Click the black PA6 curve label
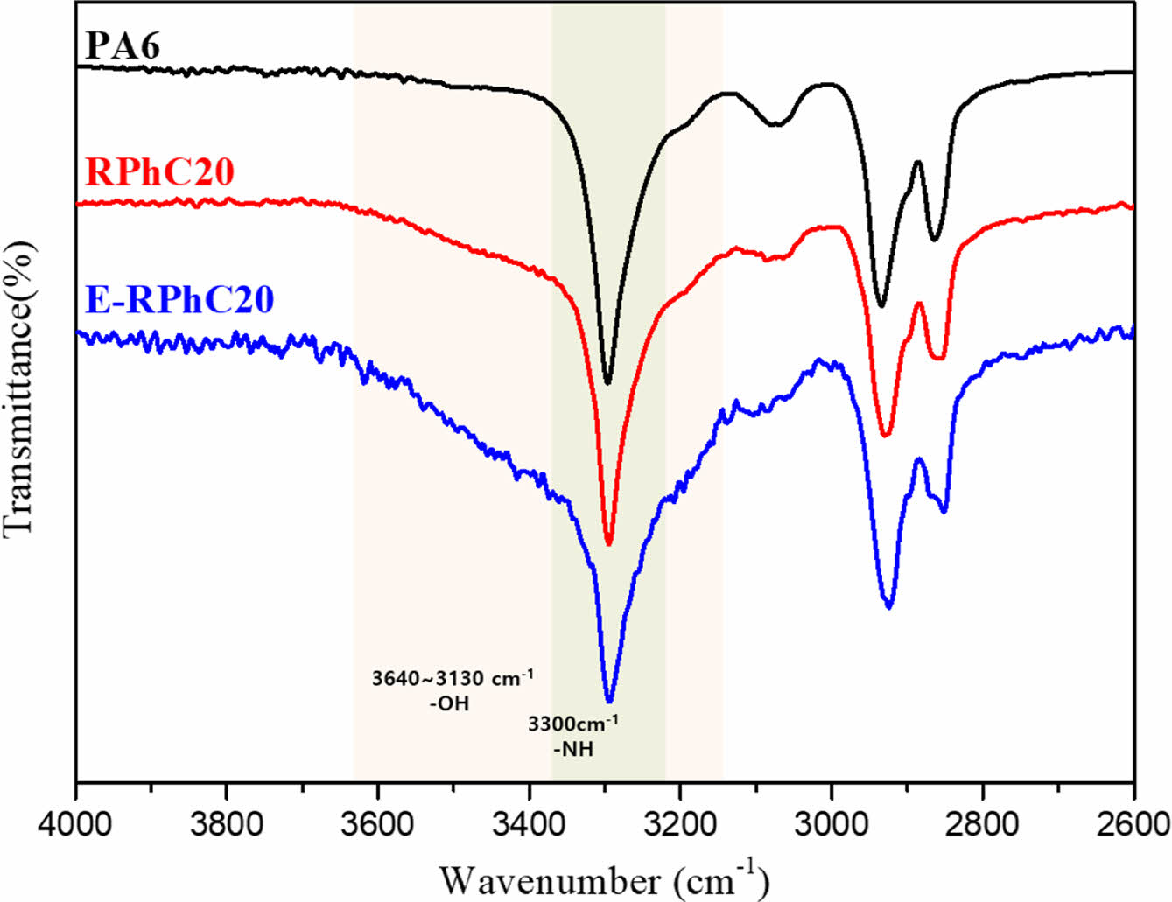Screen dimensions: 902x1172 point(123,45)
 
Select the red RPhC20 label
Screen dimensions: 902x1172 point(159,172)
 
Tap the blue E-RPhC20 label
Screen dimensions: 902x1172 point(180,299)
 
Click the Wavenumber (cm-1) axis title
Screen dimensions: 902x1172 point(604,878)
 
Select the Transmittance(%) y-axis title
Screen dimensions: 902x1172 point(19,390)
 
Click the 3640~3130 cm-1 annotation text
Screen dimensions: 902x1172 point(453,680)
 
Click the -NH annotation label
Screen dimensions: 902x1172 point(573,749)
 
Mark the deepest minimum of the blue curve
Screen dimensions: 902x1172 point(609,701)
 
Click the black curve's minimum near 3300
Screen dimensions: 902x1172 point(608,383)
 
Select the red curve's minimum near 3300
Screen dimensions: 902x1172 point(609,544)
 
